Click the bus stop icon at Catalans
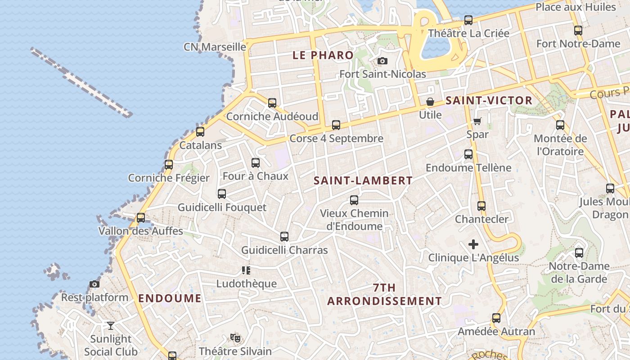pyautogui.click(x=200, y=132)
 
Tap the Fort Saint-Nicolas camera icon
pyautogui.click(x=382, y=61)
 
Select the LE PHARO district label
pyautogui.click(x=323, y=55)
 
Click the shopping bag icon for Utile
pyautogui.click(x=430, y=102)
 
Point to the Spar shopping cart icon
pyautogui.click(x=477, y=121)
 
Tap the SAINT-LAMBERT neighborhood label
pyautogui.click(x=363, y=180)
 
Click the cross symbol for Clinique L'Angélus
pyautogui.click(x=473, y=244)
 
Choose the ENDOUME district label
pyautogui.click(x=170, y=298)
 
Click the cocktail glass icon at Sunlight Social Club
pyautogui.click(x=110, y=325)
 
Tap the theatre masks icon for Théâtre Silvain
pyautogui.click(x=234, y=337)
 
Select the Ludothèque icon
pyautogui.click(x=246, y=270)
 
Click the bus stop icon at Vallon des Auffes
pyautogui.click(x=141, y=218)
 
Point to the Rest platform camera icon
pyautogui.click(x=94, y=284)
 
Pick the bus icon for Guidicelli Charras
pyautogui.click(x=284, y=237)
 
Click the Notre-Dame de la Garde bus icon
pyautogui.click(x=579, y=253)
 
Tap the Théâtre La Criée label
pyautogui.click(x=468, y=33)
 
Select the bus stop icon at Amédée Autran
pyautogui.click(x=496, y=318)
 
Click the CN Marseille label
pyautogui.click(x=215, y=47)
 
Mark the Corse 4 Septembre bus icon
pyautogui.click(x=336, y=125)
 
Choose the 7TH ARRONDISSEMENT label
pyautogui.click(x=384, y=294)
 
